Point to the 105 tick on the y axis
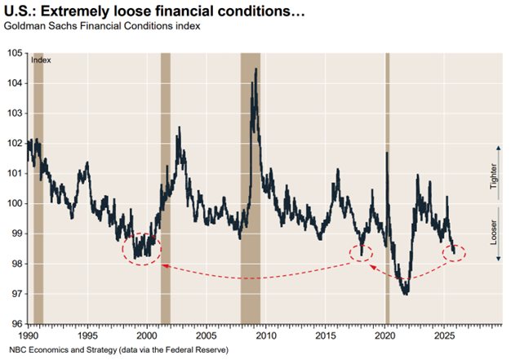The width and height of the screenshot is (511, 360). coord(16,53)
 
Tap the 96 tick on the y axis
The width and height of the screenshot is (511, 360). coord(16,324)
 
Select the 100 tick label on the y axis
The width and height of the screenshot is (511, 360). coord(16,203)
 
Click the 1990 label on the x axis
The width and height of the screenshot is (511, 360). coord(28,336)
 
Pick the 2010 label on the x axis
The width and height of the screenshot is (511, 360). coord(266,336)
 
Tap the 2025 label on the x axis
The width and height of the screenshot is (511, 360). coord(445,336)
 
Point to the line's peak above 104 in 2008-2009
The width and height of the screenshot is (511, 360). coord(257,69)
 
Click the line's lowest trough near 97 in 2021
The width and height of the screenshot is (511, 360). coord(406,293)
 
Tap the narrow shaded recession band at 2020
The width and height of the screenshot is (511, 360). coord(387,188)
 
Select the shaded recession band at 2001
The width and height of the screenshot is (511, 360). coord(166,188)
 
